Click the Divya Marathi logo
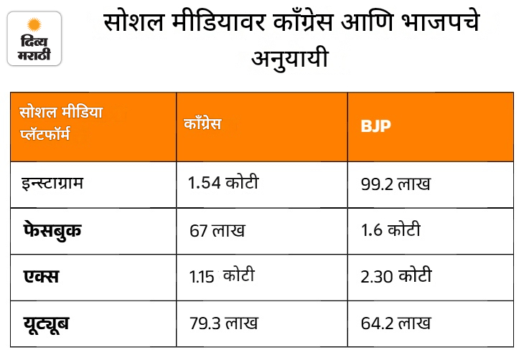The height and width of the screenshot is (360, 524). (x=34, y=39)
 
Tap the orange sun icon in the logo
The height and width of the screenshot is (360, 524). (x=34, y=24)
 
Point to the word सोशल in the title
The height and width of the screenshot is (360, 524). (x=134, y=22)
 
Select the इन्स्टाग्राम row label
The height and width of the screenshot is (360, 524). (x=52, y=184)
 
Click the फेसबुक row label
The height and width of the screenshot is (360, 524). (x=52, y=231)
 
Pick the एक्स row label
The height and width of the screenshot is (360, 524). (x=41, y=277)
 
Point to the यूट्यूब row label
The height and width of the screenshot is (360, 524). (x=46, y=323)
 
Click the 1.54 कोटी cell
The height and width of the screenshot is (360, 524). (x=223, y=183)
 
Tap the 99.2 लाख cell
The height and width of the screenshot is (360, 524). (x=396, y=184)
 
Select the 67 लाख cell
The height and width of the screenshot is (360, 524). (x=217, y=230)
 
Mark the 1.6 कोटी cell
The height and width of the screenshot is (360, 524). (x=390, y=229)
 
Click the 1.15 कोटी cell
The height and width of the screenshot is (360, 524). (x=222, y=276)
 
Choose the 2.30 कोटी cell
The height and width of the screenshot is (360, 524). (x=396, y=276)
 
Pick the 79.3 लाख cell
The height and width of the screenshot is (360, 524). (x=223, y=323)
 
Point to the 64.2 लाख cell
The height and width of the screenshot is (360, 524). (x=396, y=323)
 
